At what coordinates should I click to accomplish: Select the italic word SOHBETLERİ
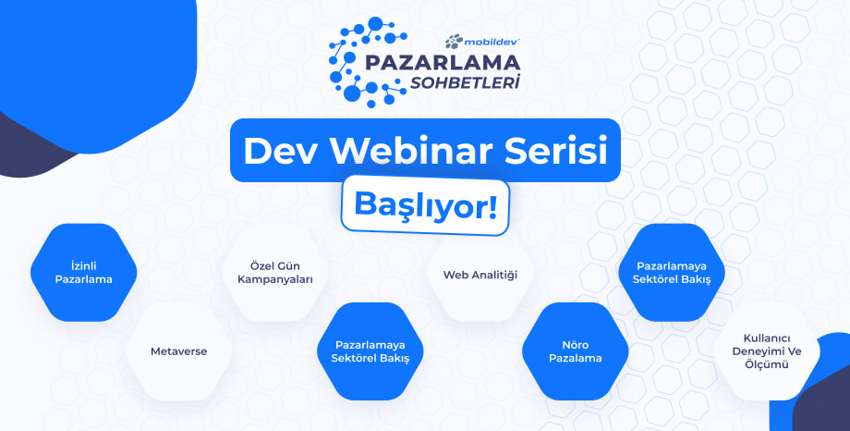tap(465, 83)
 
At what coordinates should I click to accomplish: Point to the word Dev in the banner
tap(281, 151)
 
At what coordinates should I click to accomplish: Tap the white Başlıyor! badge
tap(426, 205)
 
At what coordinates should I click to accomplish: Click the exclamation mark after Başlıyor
tap(492, 204)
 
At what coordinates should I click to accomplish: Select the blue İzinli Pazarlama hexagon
tap(83, 273)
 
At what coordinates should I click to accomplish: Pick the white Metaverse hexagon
tap(179, 351)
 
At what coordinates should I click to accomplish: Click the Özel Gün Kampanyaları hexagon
tap(274, 273)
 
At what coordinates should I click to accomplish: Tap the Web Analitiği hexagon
tap(480, 274)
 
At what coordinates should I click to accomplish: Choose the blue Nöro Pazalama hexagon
tap(576, 351)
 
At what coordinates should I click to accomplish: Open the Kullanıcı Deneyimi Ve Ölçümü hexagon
tap(767, 351)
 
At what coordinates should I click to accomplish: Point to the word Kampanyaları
tap(274, 280)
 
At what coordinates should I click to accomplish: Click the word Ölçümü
tap(767, 364)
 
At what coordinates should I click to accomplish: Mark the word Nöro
tap(576, 345)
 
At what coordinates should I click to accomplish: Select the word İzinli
tap(83, 266)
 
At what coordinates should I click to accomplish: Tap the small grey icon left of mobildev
tap(454, 42)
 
